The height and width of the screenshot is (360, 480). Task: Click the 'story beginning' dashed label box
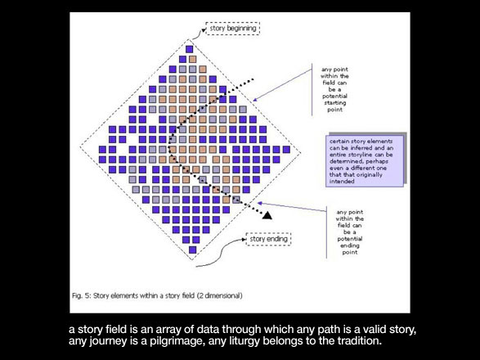(233, 29)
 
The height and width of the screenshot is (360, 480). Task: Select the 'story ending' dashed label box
(268, 239)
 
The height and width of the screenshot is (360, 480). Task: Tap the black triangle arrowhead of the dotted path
(267, 215)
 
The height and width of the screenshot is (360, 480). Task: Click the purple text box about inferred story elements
(365, 161)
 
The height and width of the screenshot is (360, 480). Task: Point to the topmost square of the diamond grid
(190, 49)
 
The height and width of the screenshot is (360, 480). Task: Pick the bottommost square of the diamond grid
(192, 250)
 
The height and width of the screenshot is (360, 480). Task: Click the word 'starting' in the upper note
(335, 103)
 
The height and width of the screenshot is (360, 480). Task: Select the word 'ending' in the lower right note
(350, 245)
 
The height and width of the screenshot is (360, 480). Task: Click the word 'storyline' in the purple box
(361, 155)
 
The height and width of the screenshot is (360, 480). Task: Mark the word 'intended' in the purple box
(342, 182)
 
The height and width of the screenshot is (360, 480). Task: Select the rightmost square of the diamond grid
(286, 150)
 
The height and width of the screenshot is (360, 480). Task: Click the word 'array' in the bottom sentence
(170, 330)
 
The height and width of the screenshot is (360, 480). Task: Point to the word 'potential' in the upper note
(334, 97)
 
